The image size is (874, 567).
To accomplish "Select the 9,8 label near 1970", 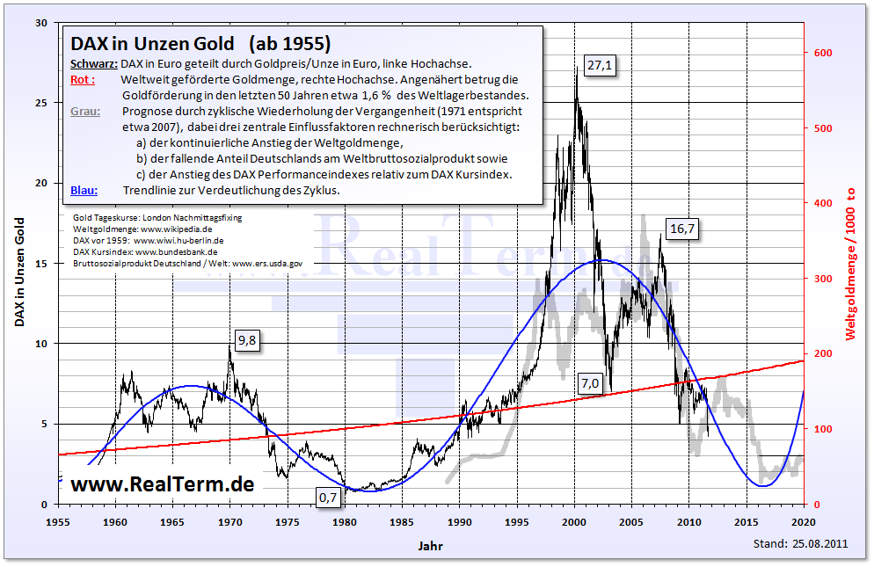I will pos(247,342).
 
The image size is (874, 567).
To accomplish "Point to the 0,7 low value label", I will pos(328,498).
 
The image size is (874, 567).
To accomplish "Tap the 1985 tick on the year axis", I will pos(402,521).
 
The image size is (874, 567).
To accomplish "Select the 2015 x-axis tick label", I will pos(747,521).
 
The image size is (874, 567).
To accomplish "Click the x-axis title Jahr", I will pos(431,546).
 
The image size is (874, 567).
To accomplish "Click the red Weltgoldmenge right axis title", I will pos(851,263).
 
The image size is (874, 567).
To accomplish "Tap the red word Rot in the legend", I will pos(81,80).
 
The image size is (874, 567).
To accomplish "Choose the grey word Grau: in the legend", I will pos(84,112).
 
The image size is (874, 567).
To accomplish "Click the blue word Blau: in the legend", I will pos(84,191).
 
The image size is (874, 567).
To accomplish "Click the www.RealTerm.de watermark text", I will pos(162,484).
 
